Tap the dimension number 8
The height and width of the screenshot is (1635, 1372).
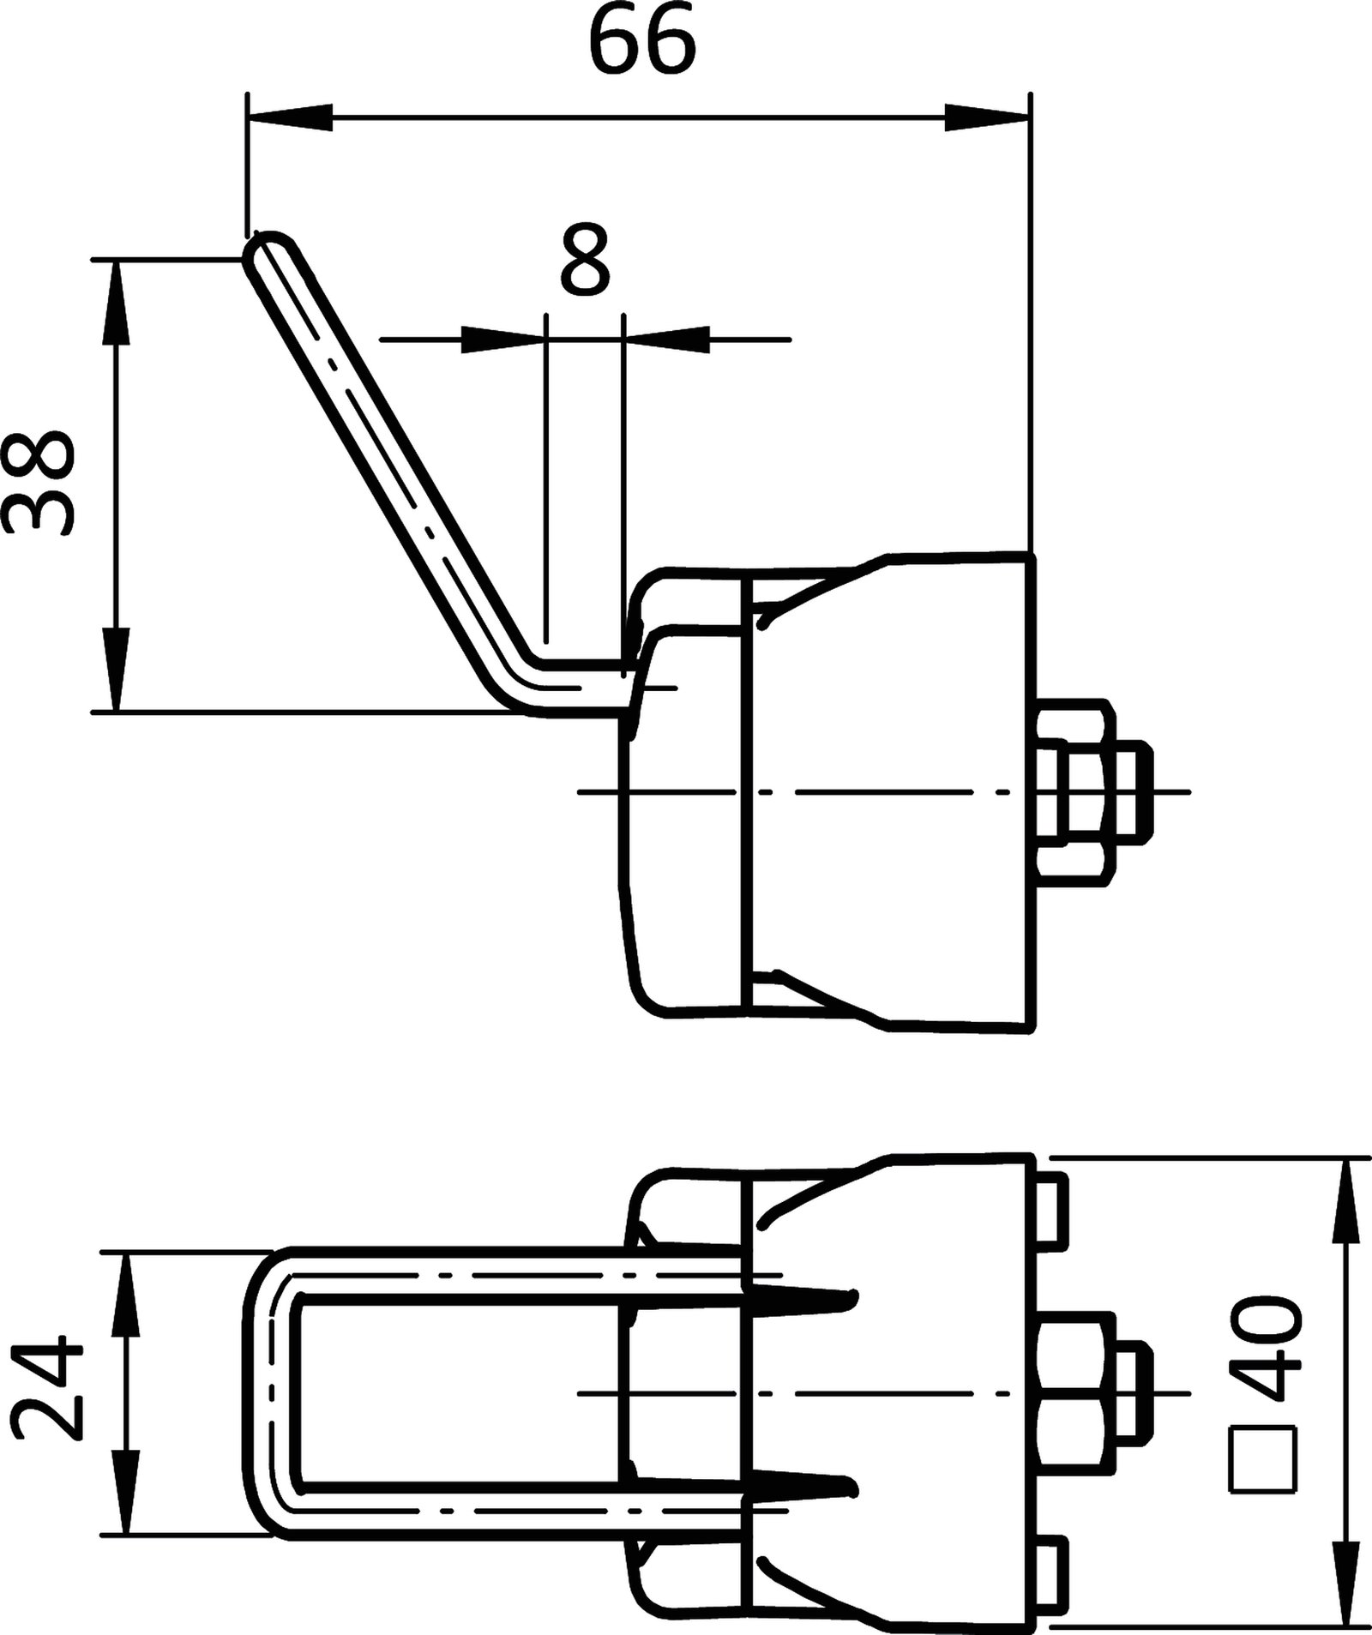click(x=585, y=261)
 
